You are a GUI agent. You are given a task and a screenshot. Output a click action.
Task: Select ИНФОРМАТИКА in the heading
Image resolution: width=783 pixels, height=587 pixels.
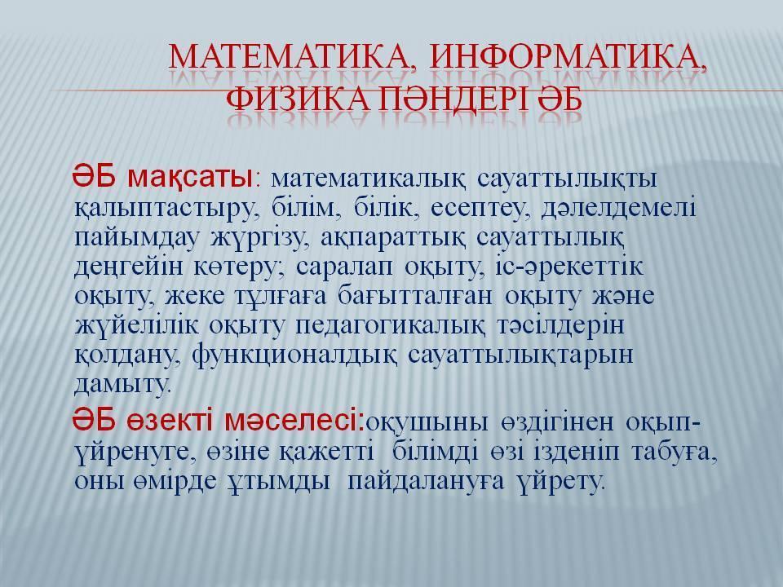[x=568, y=57]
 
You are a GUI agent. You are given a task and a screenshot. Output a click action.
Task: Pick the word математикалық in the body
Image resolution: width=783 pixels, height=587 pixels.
[x=369, y=179]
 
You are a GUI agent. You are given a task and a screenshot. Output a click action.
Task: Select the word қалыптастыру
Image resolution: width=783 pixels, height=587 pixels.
[x=168, y=209]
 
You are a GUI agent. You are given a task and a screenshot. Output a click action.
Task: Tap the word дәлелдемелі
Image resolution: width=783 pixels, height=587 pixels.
[x=618, y=208]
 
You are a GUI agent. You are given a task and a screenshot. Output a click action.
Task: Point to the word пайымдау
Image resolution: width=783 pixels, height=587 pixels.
[x=137, y=237]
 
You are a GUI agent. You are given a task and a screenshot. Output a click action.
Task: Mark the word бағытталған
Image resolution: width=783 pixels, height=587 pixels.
[x=415, y=297]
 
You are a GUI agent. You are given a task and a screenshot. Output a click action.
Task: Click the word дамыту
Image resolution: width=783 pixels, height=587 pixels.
[x=123, y=384]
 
